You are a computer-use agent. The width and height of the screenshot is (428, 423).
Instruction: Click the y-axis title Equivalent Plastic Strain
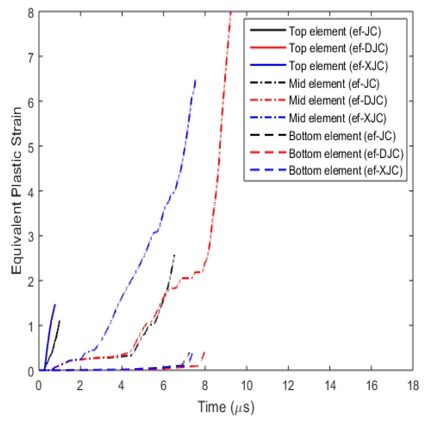[17, 190]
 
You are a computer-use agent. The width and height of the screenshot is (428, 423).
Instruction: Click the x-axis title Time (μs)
[226, 407]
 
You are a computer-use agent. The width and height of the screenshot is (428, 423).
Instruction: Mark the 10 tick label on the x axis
[247, 385]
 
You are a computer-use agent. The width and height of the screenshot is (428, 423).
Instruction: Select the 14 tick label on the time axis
[330, 385]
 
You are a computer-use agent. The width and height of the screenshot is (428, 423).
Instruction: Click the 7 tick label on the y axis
[31, 57]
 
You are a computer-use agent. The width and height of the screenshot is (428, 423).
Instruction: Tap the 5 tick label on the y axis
[31, 146]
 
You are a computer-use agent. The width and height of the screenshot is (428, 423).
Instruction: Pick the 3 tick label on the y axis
[31, 236]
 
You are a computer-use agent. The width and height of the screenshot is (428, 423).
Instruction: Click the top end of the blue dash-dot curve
[195, 80]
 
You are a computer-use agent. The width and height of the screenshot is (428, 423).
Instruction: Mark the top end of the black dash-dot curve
[174, 255]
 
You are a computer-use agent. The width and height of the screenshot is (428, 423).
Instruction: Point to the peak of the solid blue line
[55, 304]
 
